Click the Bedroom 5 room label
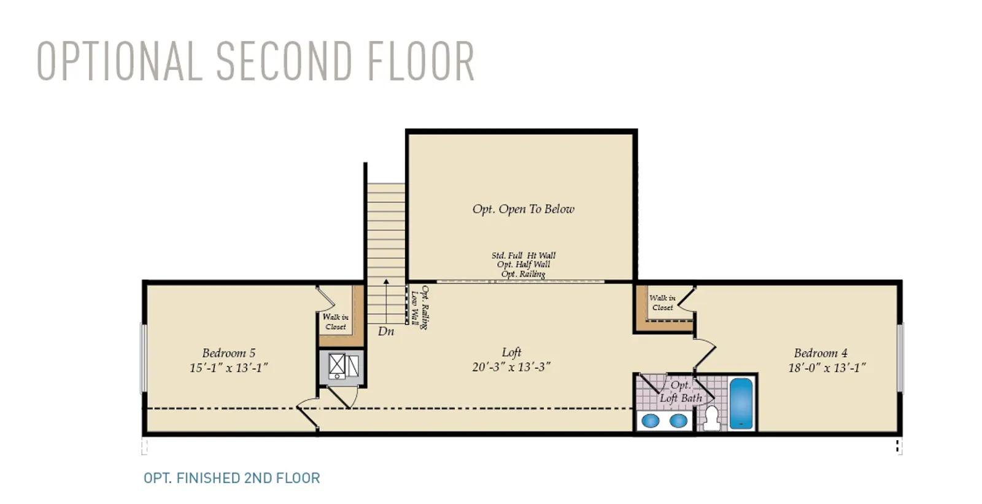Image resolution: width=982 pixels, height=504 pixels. [x=228, y=352]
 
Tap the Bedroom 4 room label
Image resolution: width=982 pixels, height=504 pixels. [x=821, y=352]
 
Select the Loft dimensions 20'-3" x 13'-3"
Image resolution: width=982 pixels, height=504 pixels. [x=511, y=366]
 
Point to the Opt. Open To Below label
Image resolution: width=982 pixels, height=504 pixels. [x=523, y=209]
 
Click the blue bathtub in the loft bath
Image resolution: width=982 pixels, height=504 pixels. [x=741, y=403]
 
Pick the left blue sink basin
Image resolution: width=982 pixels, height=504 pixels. [x=650, y=421]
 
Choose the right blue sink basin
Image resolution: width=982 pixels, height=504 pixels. [x=678, y=421]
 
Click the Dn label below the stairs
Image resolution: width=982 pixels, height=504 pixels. [x=386, y=331]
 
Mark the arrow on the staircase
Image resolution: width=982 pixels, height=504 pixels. [x=386, y=301]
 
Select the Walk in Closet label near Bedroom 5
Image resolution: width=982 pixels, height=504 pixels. [x=335, y=322]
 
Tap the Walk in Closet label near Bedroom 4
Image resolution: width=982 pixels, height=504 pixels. [x=662, y=303]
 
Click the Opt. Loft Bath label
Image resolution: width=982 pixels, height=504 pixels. [x=681, y=391]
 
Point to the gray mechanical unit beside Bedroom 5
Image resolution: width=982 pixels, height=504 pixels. [x=341, y=367]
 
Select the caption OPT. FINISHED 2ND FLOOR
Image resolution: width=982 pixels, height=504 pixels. [x=232, y=478]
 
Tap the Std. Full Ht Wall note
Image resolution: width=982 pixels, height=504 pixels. [x=524, y=255]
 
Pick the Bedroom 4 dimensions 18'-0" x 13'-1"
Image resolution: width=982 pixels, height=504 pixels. [x=827, y=368]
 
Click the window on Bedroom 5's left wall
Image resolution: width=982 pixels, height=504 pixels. [x=143, y=358]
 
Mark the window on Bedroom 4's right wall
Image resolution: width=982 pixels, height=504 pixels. [x=900, y=358]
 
